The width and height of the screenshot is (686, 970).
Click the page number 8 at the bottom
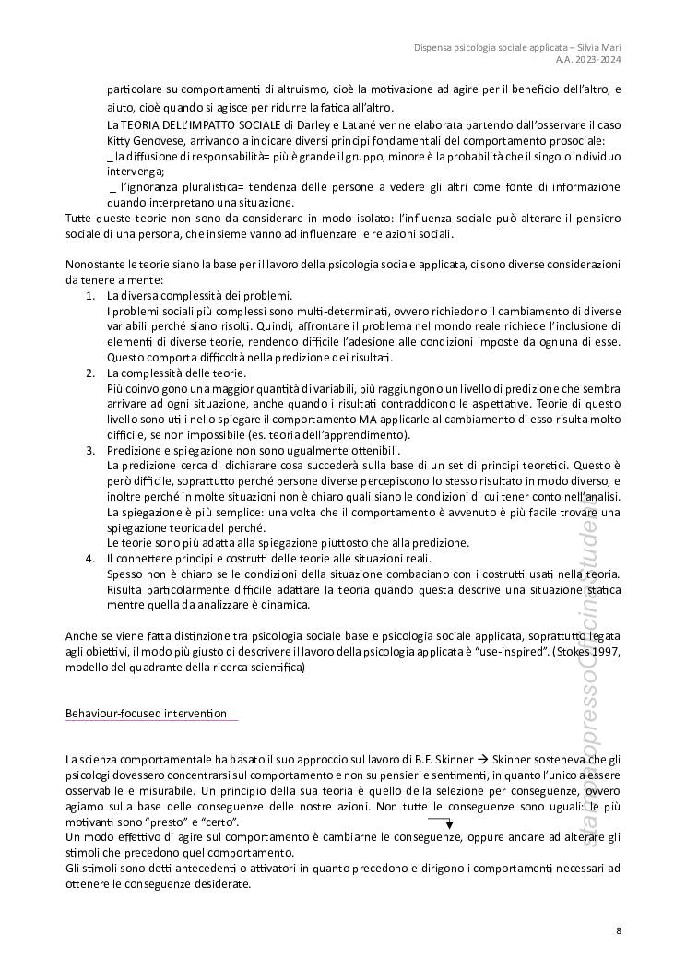[619, 929]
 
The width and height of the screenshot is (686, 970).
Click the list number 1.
[89, 296]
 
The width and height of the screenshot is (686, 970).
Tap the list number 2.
[89, 373]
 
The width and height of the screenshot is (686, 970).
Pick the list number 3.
[89, 449]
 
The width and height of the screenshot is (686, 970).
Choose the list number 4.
[89, 559]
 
